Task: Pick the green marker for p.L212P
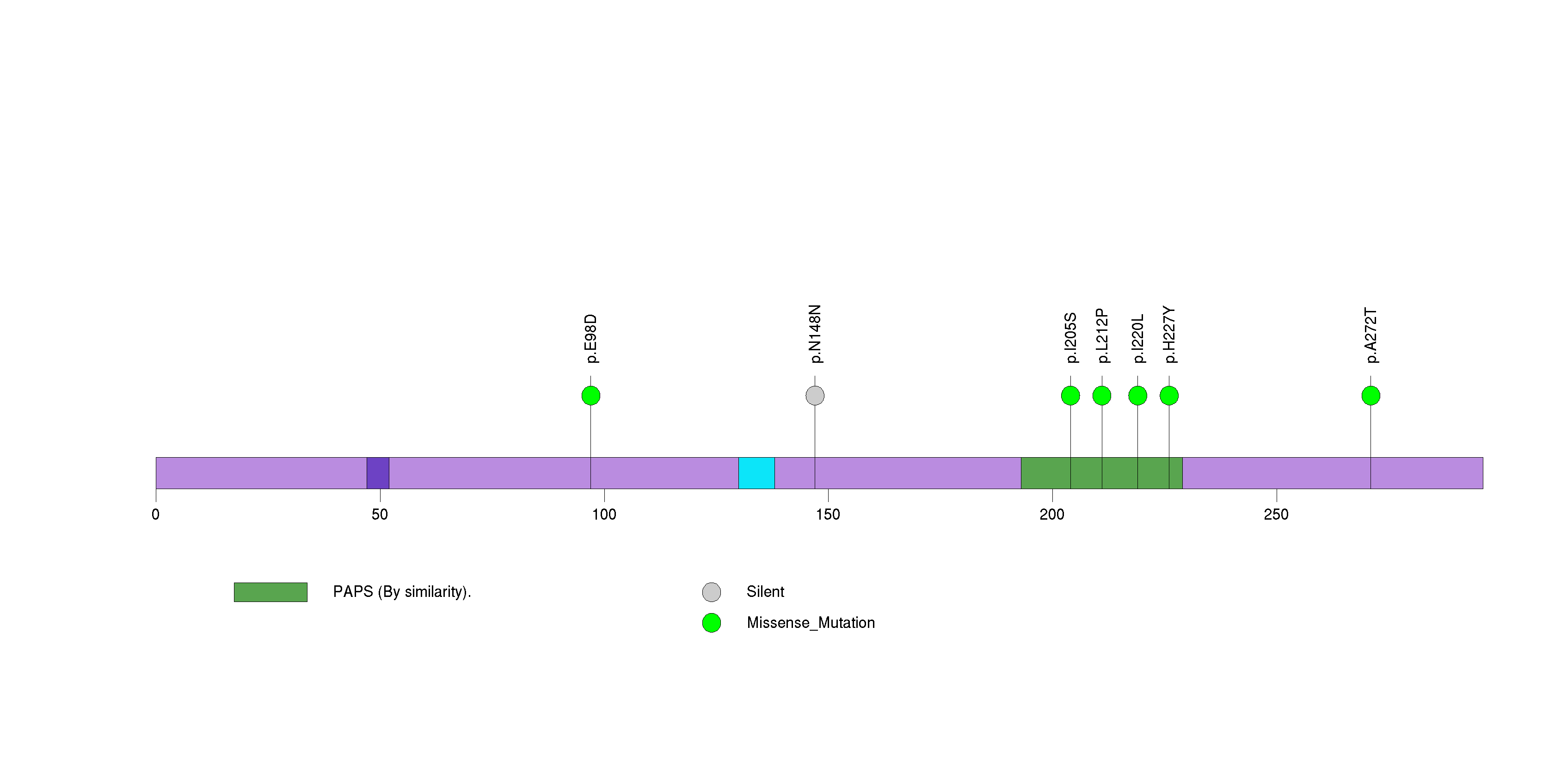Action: pyautogui.click(x=1102, y=396)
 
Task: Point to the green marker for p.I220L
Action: pyautogui.click(x=1137, y=396)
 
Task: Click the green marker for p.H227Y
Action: pyautogui.click(x=1169, y=396)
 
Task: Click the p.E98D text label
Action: pyautogui.click(x=591, y=338)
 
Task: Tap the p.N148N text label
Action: pyautogui.click(x=815, y=334)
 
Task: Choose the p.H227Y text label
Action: pyautogui.click(x=1169, y=335)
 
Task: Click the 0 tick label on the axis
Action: pyautogui.click(x=156, y=515)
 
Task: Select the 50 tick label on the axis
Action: pyautogui.click(x=380, y=515)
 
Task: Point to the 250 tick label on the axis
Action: pyautogui.click(x=1276, y=515)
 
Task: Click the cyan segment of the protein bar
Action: pyautogui.click(x=756, y=473)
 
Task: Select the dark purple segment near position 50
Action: pyautogui.click(x=377, y=473)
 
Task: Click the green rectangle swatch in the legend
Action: pyautogui.click(x=270, y=592)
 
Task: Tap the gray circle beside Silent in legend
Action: pyautogui.click(x=712, y=592)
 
